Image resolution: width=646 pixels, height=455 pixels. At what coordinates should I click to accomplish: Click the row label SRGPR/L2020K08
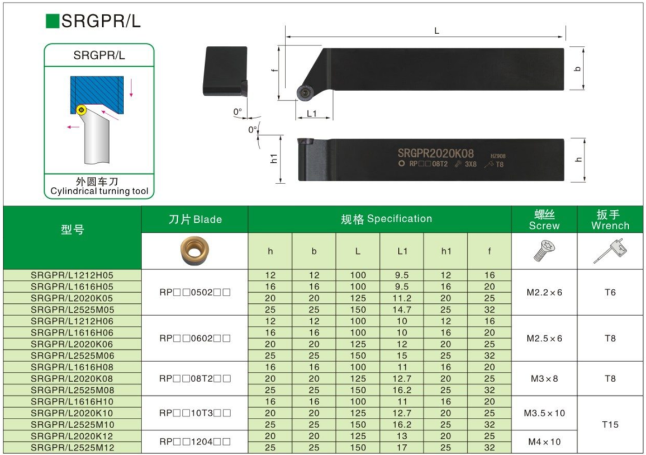(x=72, y=379)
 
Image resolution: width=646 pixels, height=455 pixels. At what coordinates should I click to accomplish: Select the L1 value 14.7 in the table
(x=402, y=310)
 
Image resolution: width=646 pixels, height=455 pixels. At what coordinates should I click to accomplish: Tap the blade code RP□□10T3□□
(x=195, y=414)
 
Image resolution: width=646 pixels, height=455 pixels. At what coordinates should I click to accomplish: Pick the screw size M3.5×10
(x=544, y=414)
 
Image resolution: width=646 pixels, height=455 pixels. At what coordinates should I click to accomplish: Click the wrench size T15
(x=610, y=424)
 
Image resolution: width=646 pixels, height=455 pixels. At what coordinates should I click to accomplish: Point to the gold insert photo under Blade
(x=194, y=250)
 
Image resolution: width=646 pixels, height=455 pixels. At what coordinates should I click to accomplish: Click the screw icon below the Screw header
(x=544, y=251)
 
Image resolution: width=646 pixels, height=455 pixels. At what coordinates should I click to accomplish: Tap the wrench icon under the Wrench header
(x=610, y=251)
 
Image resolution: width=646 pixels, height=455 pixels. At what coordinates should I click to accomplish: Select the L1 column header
(x=402, y=251)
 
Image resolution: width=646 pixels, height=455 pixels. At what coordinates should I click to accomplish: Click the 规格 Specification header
(x=387, y=219)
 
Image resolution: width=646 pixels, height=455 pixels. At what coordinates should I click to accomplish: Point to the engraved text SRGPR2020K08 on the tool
(x=435, y=153)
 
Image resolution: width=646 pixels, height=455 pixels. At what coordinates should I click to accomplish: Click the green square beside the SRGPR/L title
(x=53, y=21)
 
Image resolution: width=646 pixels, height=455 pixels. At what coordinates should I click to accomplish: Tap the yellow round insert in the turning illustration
(x=81, y=110)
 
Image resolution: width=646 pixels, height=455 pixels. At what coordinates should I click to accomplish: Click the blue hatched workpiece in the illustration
(x=97, y=94)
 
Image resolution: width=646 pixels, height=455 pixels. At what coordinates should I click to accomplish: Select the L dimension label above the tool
(x=436, y=31)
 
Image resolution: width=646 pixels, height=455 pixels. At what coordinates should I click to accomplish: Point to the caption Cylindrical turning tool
(x=99, y=191)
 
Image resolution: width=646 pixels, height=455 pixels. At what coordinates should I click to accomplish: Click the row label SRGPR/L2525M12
(x=72, y=448)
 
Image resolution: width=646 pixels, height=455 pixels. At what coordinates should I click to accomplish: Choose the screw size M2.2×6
(x=544, y=293)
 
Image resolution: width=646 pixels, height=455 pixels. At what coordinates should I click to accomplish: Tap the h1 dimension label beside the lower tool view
(x=274, y=158)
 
